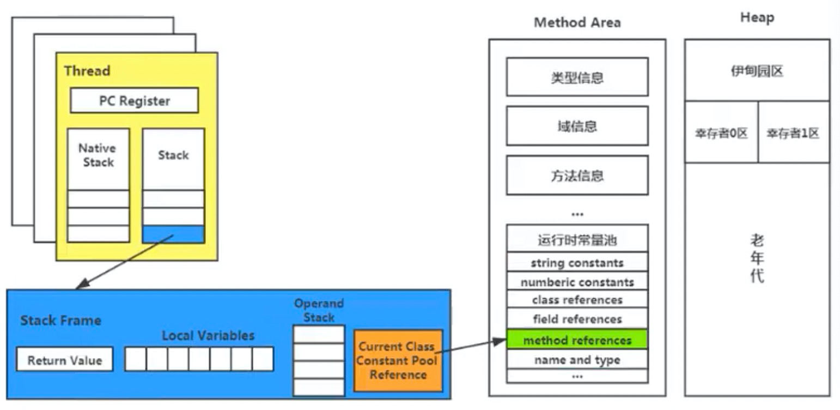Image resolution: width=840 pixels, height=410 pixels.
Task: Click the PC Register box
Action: (134, 101)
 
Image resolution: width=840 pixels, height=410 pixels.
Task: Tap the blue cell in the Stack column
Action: (173, 234)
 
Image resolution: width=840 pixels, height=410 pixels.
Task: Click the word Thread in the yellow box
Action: (87, 71)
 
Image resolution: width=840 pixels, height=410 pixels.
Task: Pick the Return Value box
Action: (64, 360)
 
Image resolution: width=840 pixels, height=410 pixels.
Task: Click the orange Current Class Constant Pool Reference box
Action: (398, 360)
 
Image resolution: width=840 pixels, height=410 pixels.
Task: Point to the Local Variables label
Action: (208, 336)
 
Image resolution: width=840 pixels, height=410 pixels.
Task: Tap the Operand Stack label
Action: (319, 310)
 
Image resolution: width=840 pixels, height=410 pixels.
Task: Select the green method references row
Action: (577, 340)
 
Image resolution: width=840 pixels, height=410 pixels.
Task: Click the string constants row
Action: (577, 263)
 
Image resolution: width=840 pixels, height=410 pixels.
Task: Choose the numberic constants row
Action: (577, 282)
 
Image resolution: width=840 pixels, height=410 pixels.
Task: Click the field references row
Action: (577, 319)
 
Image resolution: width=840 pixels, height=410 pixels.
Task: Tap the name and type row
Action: (577, 360)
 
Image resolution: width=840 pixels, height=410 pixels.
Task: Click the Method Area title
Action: (577, 23)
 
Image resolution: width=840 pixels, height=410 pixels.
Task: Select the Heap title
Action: (757, 18)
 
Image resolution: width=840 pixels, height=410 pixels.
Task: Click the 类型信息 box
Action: (577, 77)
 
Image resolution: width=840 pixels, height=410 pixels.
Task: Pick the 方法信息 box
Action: (577, 176)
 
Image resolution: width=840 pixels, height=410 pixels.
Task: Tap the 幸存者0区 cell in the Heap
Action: (721, 133)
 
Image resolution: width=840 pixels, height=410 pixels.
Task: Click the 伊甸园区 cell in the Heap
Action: (757, 71)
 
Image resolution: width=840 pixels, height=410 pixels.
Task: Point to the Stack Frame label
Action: (60, 321)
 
